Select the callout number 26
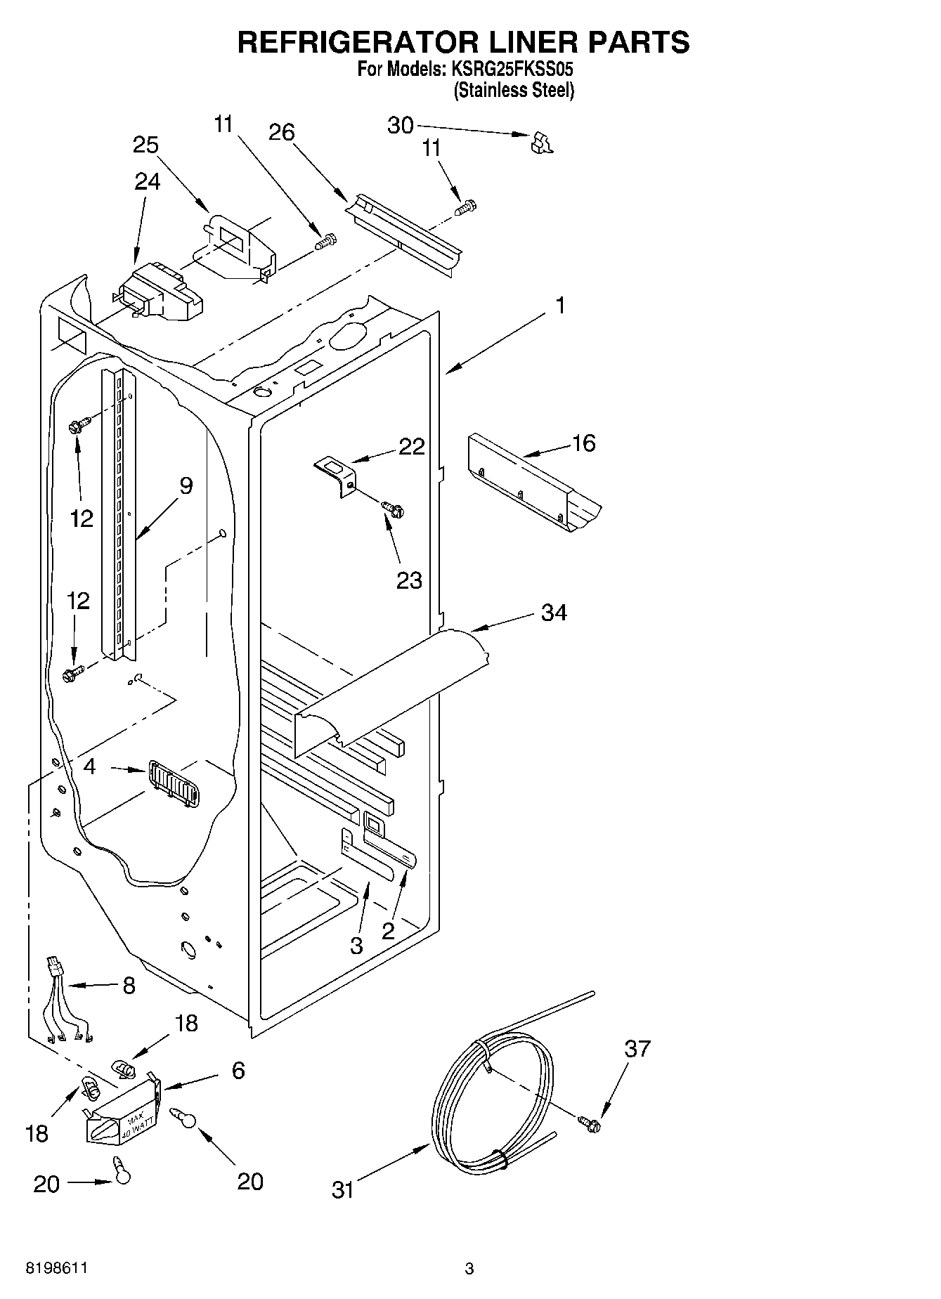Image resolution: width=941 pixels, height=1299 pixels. coord(282,132)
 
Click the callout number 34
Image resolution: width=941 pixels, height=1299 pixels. coord(554,613)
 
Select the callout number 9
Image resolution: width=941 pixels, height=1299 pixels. coord(186,485)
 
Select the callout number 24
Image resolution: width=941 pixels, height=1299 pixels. coord(147,181)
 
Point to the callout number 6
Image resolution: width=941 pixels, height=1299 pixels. coord(238,1071)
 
